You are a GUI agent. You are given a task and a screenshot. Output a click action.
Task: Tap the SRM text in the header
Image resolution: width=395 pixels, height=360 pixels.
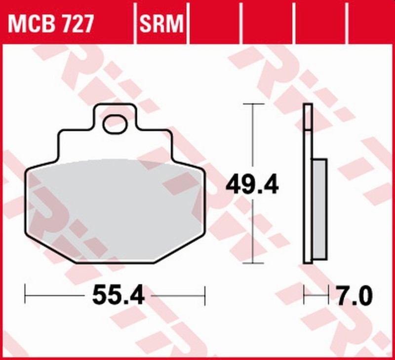(161, 23)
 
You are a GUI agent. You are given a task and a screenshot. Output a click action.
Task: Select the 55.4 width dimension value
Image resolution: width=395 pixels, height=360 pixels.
(118, 296)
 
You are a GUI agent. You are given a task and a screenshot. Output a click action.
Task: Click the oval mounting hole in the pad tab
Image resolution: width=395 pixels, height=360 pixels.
(115, 123)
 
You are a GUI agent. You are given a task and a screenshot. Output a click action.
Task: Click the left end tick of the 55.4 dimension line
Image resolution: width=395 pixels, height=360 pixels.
(25, 296)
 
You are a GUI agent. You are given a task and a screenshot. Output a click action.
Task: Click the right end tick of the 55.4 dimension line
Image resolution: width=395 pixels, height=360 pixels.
(204, 296)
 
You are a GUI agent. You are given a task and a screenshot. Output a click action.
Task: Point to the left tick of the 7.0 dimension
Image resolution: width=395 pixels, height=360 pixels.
(304, 296)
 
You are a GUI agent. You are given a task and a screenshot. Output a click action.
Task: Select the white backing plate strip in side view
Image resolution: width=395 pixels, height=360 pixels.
(308, 198)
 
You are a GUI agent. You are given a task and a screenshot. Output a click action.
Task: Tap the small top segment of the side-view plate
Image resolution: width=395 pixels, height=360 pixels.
(308, 117)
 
